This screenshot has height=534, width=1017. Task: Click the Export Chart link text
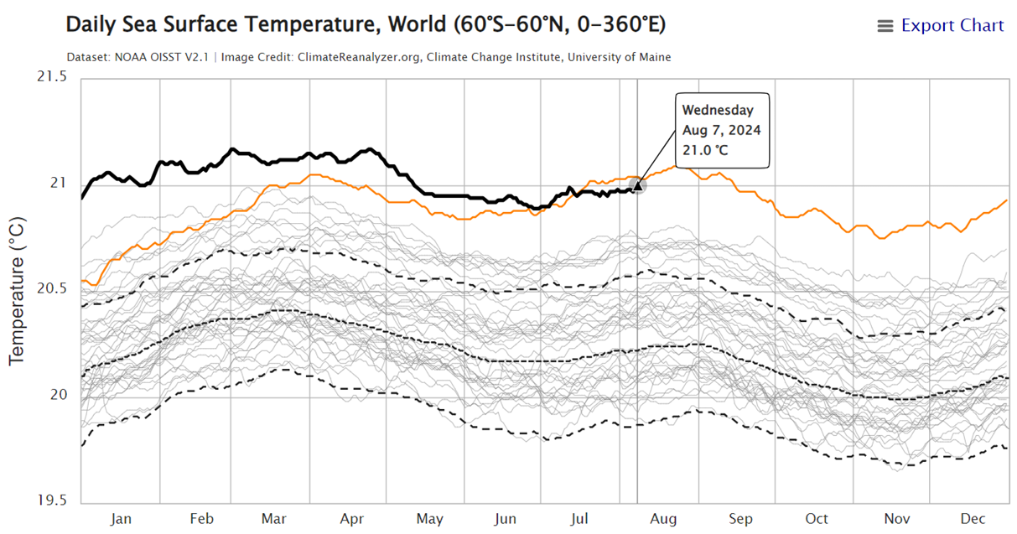click(952, 26)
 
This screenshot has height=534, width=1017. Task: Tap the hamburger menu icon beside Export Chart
click(885, 27)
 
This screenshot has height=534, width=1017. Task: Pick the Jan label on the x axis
click(121, 520)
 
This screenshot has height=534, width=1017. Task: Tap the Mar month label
click(274, 520)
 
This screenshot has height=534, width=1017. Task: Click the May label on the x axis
click(429, 520)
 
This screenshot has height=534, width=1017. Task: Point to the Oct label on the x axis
click(817, 520)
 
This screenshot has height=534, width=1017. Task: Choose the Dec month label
click(972, 520)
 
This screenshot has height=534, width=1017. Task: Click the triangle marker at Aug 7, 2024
click(637, 185)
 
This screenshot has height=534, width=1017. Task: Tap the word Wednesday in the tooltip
click(718, 110)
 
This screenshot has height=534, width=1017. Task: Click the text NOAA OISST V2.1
click(161, 57)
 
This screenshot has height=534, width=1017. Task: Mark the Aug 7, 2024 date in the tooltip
click(721, 130)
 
